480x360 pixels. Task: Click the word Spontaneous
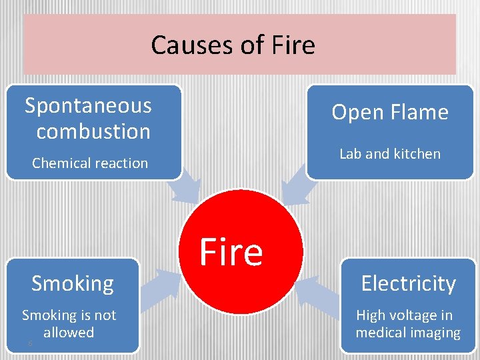coord(88,105)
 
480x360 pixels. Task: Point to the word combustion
coord(93,131)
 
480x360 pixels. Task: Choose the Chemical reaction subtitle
coord(90,163)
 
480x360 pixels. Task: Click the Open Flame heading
coord(390,112)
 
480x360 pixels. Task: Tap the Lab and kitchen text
coord(390,153)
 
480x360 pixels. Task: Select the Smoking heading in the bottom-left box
coord(73,283)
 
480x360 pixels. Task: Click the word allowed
coord(69,332)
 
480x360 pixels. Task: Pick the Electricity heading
coord(408,283)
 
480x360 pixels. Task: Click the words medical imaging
coord(408,332)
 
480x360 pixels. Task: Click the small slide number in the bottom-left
coord(30,343)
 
